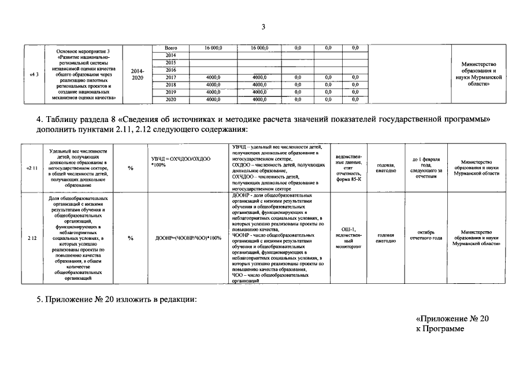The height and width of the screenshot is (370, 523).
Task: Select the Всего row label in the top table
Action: pos(170,48)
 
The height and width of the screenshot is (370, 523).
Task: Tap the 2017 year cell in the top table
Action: pos(170,77)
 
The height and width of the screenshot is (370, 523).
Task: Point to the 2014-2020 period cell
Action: pos(138,74)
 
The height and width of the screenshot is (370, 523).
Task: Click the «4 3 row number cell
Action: pos(33,74)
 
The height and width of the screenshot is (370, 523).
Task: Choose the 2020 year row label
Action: pos(170,99)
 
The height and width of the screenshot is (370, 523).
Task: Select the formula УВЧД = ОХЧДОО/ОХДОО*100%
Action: pos(181,161)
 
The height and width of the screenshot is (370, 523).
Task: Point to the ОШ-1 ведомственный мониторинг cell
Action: pos(348,238)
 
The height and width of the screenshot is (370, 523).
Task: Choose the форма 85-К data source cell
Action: pos(348,168)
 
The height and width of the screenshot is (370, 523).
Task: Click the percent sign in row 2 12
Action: pos(131,238)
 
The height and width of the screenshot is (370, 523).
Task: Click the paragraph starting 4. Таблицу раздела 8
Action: pos(263,124)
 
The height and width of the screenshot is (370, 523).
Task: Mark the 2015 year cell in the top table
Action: pos(170,62)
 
